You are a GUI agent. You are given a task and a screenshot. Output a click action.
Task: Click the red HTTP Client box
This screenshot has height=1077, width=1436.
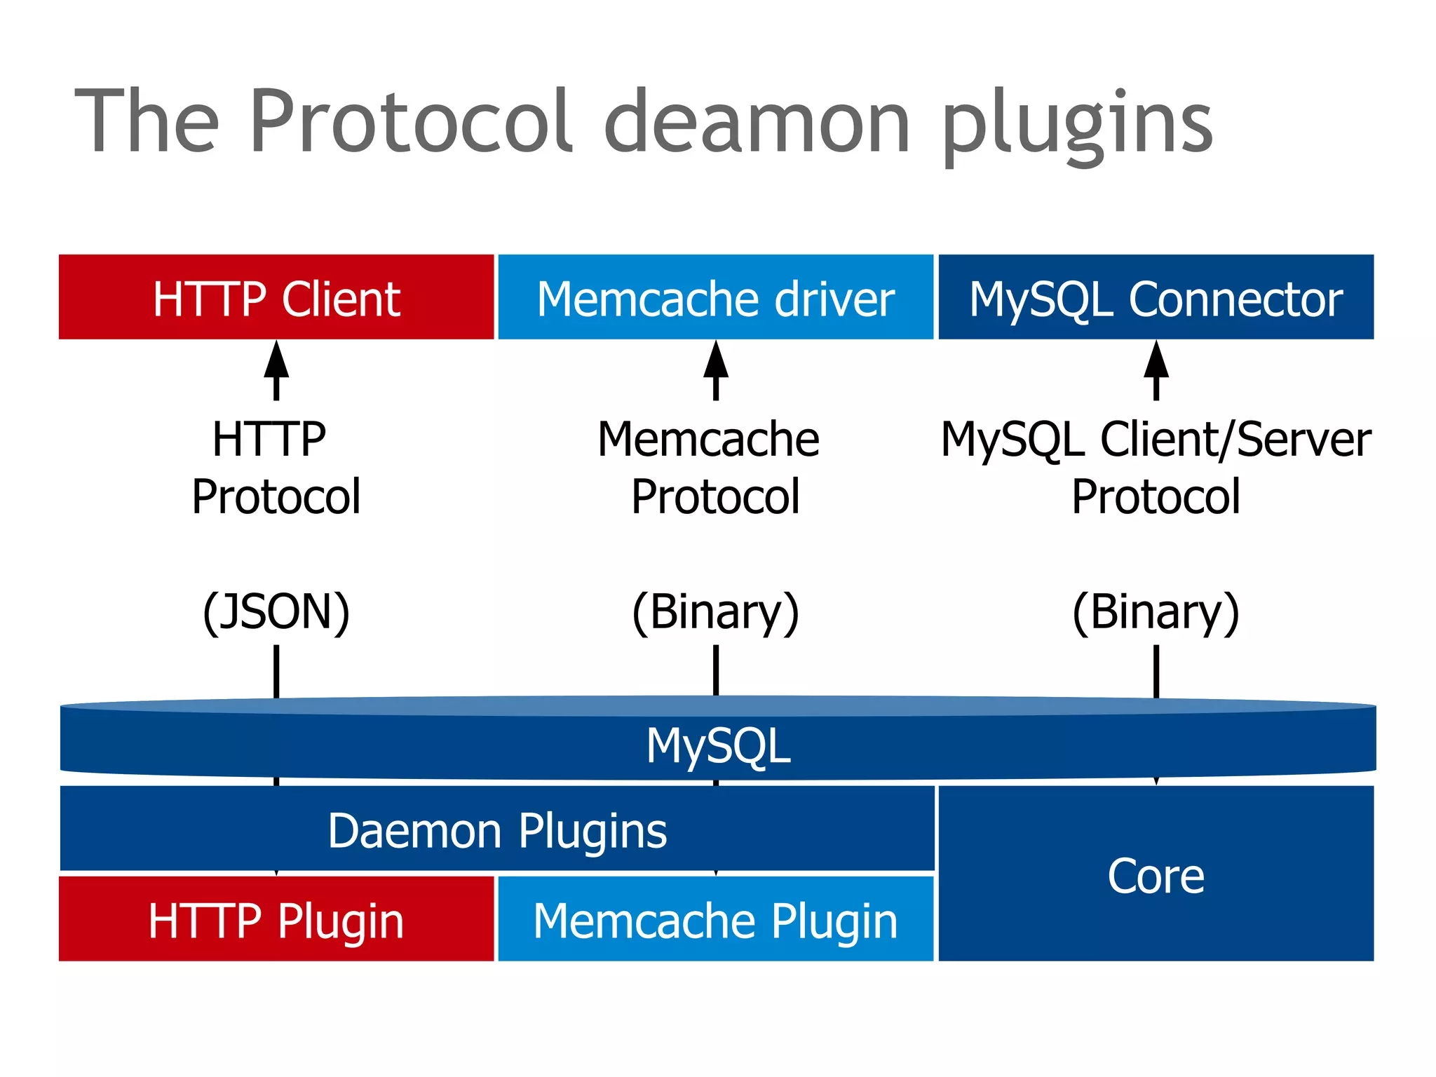pos(276,297)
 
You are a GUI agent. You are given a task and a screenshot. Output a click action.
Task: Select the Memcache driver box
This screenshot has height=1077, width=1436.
pos(715,297)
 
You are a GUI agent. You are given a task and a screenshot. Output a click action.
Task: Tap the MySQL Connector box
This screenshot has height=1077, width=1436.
pos(1156,297)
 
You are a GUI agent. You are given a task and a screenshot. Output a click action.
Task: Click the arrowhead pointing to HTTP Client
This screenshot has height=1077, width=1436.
pos(276,360)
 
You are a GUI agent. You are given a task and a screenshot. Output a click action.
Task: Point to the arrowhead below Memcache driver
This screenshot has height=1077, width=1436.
pos(716,360)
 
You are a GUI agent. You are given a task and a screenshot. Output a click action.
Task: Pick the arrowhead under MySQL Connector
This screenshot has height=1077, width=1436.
pos(1156,360)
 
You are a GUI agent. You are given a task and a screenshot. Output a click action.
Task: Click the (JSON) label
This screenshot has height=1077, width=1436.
pos(276,611)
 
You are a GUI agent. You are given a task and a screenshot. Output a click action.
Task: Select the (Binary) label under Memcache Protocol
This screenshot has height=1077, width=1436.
pos(715,611)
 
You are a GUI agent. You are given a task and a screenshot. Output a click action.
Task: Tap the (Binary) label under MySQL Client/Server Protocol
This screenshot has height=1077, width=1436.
pos(1156,611)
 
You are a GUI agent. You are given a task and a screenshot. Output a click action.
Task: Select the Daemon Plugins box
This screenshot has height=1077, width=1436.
pos(497,830)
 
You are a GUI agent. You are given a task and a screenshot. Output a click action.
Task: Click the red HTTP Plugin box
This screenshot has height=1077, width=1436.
pos(276,919)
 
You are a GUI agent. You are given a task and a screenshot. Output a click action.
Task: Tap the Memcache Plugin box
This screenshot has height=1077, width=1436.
pos(715,919)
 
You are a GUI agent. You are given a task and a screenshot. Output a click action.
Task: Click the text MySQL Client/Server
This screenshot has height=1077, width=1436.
pos(1156,440)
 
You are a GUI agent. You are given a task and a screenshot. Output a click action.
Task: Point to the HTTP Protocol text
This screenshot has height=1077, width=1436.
pos(276,468)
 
